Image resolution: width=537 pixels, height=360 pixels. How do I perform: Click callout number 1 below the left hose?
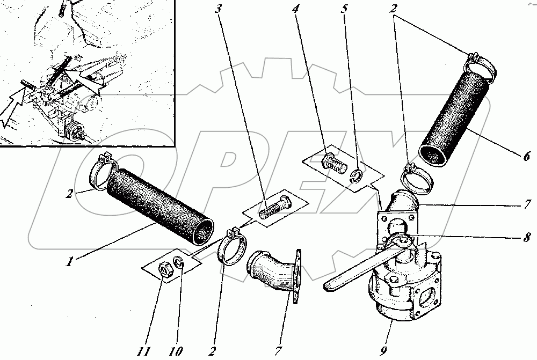click(x=69, y=262)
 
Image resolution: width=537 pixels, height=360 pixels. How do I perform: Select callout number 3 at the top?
click(x=219, y=9)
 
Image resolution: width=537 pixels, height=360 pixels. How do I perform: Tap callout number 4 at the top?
click(x=295, y=9)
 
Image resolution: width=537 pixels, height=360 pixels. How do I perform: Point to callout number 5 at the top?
click(x=344, y=9)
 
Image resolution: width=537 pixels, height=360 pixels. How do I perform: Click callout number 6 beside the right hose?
click(x=527, y=156)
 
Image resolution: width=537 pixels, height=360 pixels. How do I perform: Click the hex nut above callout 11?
click(x=166, y=268)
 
